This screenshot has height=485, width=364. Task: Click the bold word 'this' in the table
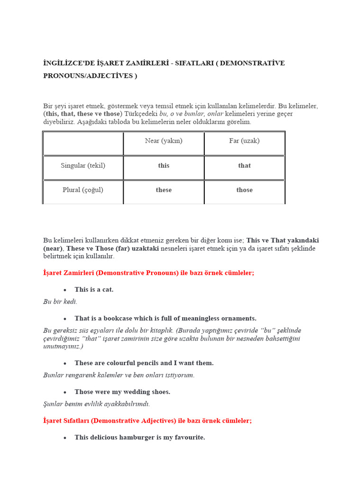(164, 166)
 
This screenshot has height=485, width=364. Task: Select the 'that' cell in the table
(245, 166)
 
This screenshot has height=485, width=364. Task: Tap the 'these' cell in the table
(164, 190)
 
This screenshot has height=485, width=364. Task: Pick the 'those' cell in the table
(245, 190)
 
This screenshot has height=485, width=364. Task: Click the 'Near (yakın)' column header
(164, 141)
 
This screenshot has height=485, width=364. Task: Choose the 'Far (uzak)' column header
(245, 141)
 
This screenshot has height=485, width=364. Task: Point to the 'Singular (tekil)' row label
(83, 166)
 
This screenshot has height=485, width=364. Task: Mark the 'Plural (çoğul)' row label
(83, 190)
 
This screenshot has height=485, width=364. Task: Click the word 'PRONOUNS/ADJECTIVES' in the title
(87, 76)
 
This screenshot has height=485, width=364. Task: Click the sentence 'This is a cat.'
(94, 289)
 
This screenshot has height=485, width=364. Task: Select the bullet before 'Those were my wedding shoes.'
(65, 392)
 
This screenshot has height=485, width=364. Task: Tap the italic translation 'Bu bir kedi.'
(60, 301)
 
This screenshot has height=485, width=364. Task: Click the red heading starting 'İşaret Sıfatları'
(147, 421)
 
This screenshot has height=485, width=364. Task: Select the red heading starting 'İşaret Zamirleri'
(148, 273)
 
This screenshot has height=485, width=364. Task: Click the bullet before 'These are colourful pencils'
(65, 363)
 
